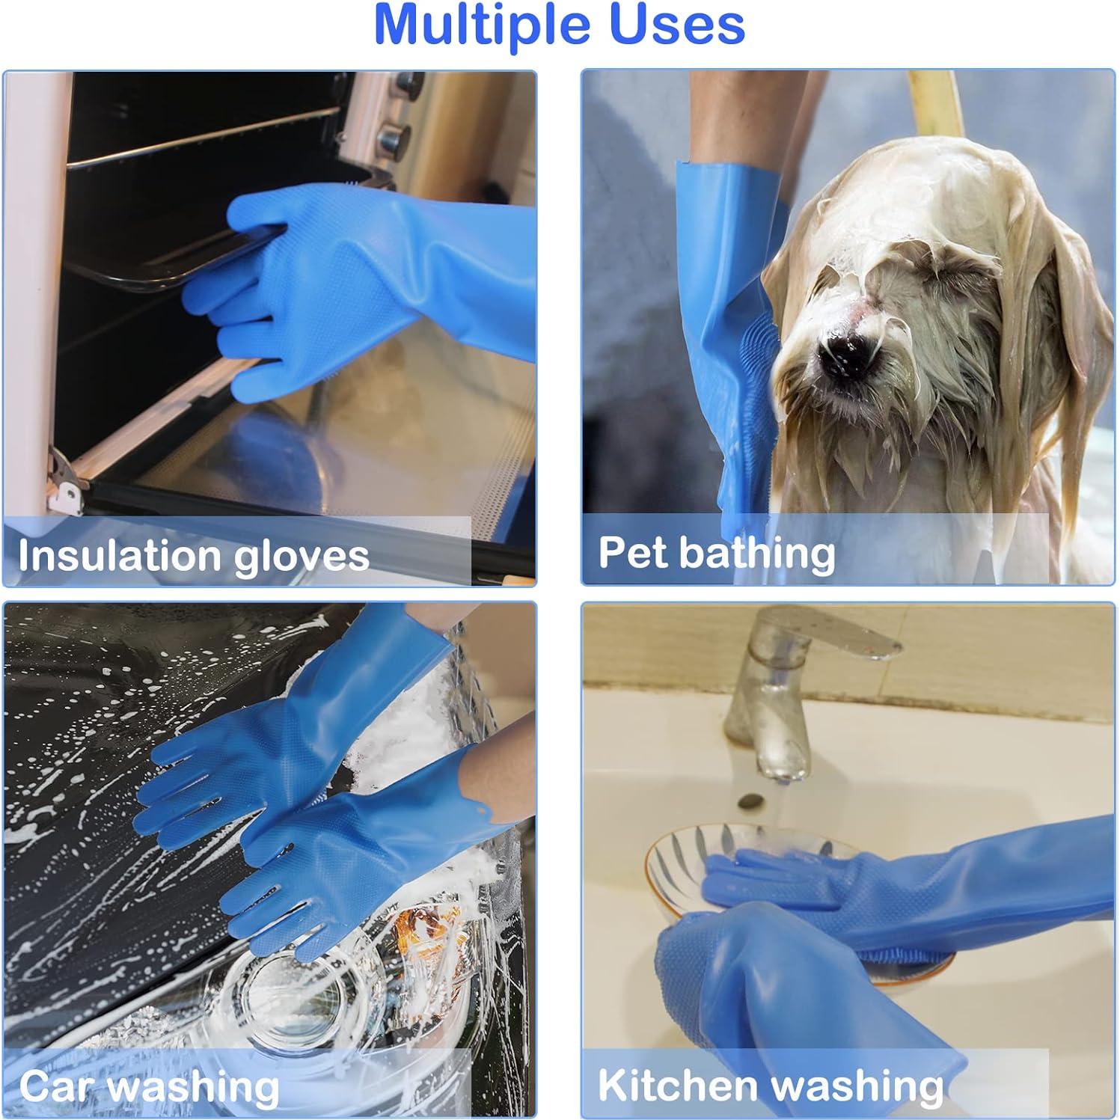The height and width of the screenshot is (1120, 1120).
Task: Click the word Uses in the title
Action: click(x=677, y=25)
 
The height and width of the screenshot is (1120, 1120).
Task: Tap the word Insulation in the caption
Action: click(x=109, y=555)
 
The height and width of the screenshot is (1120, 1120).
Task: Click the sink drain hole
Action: click(x=747, y=801)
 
